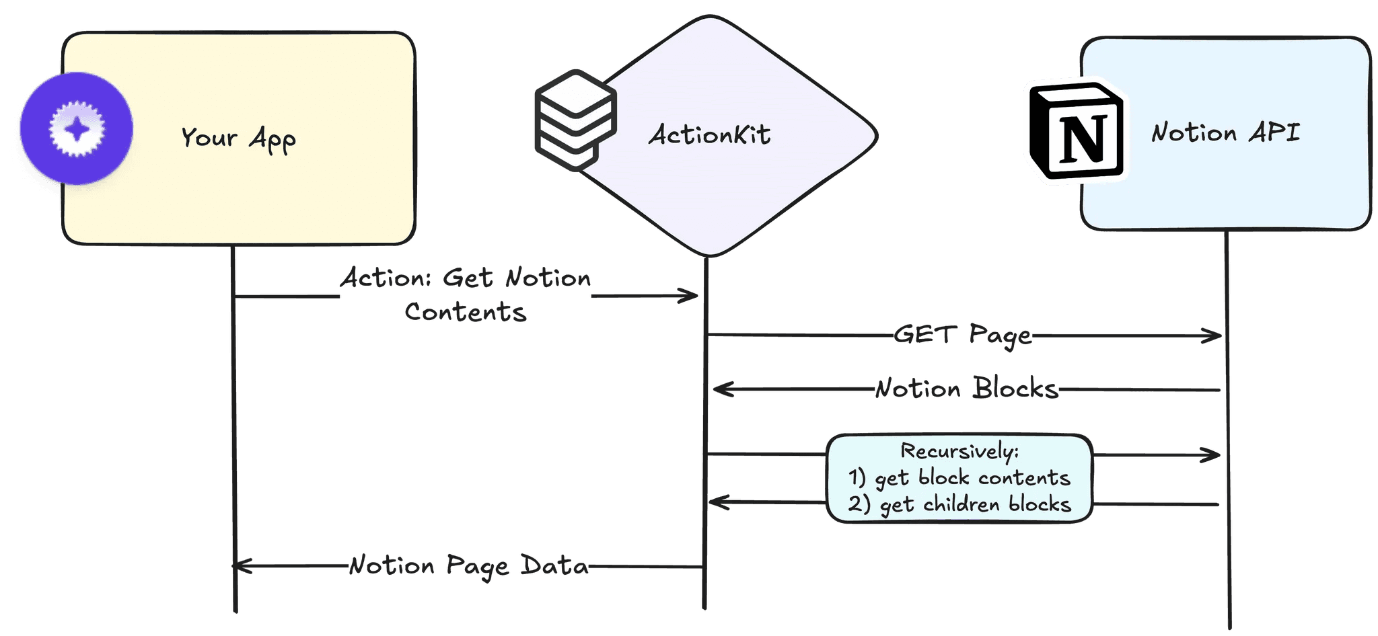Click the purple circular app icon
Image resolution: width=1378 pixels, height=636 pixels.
(x=76, y=128)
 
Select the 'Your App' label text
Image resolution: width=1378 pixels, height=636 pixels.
(x=238, y=138)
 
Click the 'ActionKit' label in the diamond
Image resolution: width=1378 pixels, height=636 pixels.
(x=709, y=135)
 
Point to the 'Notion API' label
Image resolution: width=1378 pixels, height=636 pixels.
(x=1225, y=132)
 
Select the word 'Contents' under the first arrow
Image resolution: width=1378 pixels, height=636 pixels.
(x=466, y=312)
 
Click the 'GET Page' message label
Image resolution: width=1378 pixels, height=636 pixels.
(x=963, y=335)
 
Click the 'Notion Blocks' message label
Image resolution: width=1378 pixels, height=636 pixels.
(x=966, y=389)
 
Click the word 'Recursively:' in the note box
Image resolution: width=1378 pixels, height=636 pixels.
(x=959, y=451)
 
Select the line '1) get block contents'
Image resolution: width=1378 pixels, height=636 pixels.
(x=959, y=478)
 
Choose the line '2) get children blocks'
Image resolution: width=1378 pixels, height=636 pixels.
(x=959, y=504)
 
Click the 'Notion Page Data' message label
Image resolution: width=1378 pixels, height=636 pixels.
(x=468, y=566)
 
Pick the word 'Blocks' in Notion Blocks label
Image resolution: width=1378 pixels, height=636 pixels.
(x=1015, y=389)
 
